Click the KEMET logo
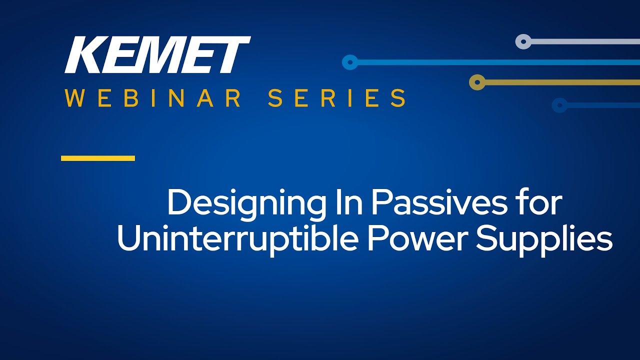click(157, 54)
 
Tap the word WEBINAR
click(153, 98)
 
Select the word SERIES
click(337, 98)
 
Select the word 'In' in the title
click(349, 202)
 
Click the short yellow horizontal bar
click(98, 158)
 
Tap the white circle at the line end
click(523, 41)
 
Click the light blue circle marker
click(350, 62)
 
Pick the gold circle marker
click(477, 82)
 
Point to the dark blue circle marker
click(559, 105)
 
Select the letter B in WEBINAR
click(129, 98)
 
